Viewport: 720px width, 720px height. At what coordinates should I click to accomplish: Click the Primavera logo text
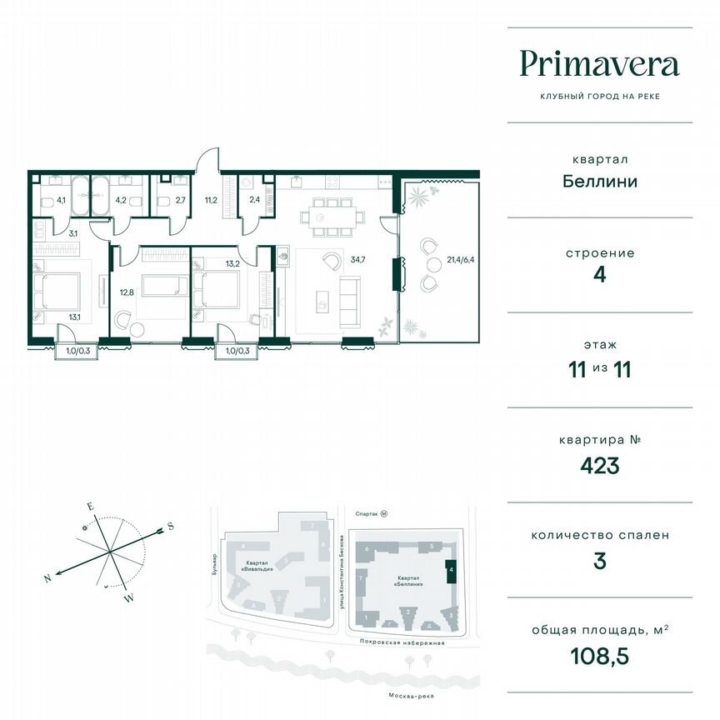tap(599, 64)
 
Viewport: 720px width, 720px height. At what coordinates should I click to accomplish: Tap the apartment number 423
tap(599, 465)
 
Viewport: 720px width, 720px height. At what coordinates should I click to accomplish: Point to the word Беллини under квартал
tap(599, 181)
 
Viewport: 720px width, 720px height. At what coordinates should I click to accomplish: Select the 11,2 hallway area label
tap(212, 200)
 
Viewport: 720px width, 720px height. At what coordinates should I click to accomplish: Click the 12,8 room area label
tap(126, 292)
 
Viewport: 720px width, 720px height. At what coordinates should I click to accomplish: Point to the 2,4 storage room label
tap(254, 200)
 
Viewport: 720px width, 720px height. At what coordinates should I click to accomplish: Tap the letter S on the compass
tap(170, 526)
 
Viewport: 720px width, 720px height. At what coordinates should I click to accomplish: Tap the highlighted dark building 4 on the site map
tap(451, 571)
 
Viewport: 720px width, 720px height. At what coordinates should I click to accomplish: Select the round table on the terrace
tap(435, 265)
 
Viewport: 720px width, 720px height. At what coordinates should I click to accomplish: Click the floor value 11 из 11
tap(599, 369)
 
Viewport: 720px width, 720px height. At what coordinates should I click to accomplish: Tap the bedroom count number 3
tap(599, 561)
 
